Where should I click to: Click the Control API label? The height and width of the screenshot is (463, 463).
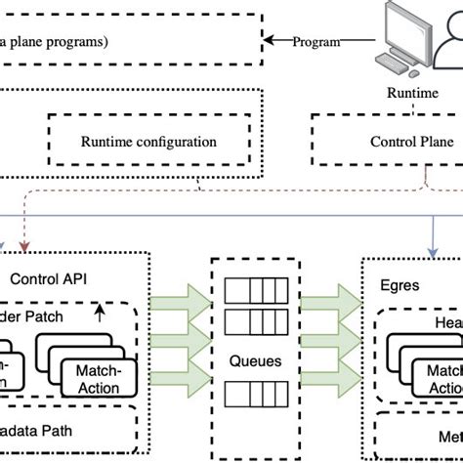tap(50, 278)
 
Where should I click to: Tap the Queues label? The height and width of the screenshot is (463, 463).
tap(256, 360)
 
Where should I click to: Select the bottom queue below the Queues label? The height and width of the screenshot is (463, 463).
tap(256, 396)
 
